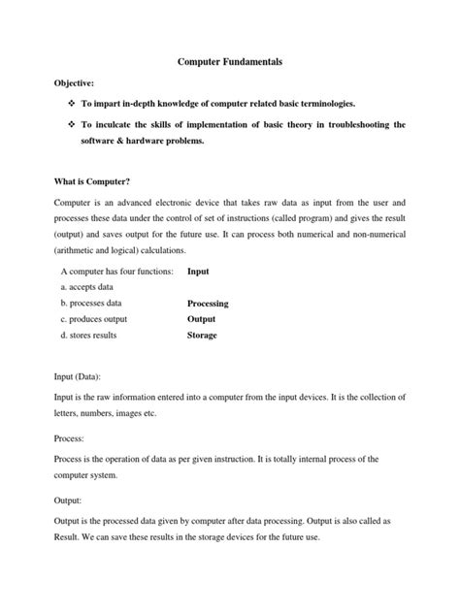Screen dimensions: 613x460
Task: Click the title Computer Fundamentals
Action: pyautogui.click(x=229, y=61)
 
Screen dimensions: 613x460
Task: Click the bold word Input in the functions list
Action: pyautogui.click(x=198, y=272)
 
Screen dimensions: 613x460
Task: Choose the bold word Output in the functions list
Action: pyautogui.click(x=202, y=319)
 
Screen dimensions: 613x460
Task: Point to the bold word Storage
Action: pyautogui.click(x=202, y=336)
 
